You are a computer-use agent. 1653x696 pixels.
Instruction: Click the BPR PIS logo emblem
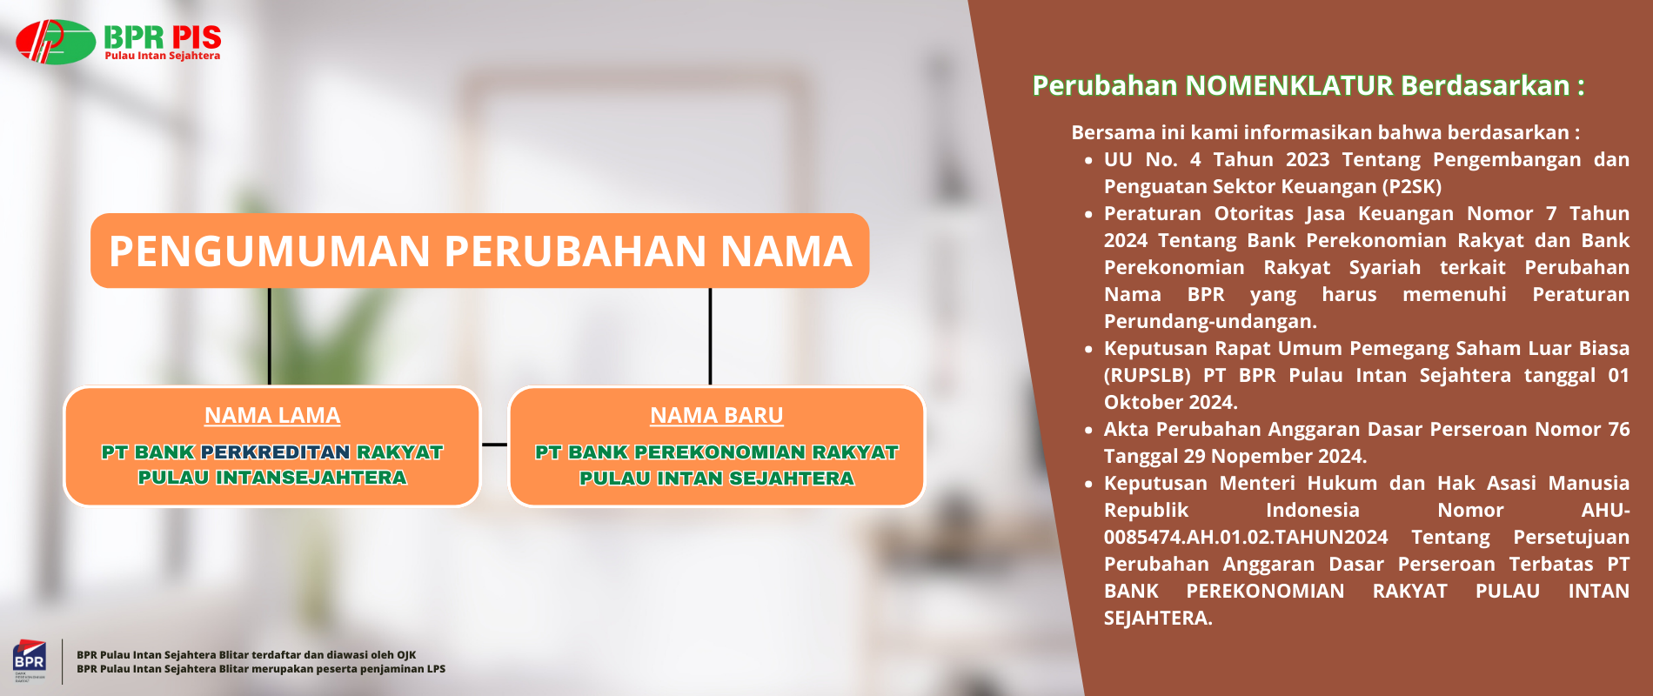click(56, 42)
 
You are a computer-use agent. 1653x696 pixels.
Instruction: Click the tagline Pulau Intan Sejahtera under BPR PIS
click(163, 56)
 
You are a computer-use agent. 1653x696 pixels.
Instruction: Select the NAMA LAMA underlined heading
click(272, 416)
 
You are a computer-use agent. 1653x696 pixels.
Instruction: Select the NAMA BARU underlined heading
click(717, 416)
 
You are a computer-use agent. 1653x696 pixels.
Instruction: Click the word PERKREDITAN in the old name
click(276, 452)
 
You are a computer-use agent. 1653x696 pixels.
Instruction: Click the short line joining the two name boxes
click(494, 445)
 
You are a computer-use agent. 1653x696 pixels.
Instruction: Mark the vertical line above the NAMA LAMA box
click(270, 337)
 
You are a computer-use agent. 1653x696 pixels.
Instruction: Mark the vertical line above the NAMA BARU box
click(710, 337)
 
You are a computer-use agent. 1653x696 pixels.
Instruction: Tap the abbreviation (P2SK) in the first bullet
click(1413, 186)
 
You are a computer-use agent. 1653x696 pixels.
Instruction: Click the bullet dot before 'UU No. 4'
click(1088, 160)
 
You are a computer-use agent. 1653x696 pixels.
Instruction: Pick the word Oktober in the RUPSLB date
click(1136, 402)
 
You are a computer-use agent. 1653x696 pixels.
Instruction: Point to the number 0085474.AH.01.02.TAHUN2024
click(1246, 537)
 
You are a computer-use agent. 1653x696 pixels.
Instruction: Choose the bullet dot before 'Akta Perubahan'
click(1088, 430)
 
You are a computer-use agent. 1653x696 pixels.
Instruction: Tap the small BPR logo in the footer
click(29, 661)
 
